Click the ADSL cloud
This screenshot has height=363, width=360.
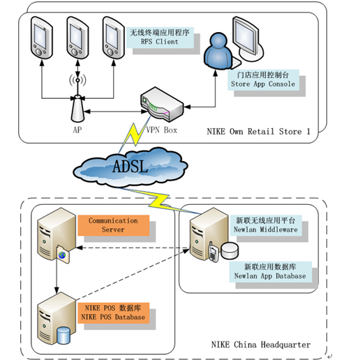(x=130, y=167)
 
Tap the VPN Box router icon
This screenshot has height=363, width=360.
(x=162, y=105)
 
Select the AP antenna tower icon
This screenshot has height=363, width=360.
(x=77, y=109)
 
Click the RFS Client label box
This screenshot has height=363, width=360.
(x=160, y=38)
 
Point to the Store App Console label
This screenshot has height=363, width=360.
(x=263, y=79)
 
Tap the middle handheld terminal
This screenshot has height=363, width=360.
(x=77, y=38)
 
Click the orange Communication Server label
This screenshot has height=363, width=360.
(x=113, y=225)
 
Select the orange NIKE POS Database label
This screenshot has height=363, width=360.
(x=113, y=313)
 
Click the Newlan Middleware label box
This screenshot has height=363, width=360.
(x=266, y=225)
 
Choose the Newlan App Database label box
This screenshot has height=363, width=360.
(x=270, y=272)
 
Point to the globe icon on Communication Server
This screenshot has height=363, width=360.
(x=62, y=255)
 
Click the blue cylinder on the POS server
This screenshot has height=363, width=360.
(x=63, y=336)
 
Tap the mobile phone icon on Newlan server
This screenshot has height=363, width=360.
(x=213, y=252)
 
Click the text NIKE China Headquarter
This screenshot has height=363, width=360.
(x=261, y=344)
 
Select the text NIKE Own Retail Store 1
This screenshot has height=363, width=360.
(x=258, y=132)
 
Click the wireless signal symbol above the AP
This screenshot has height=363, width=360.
(x=77, y=80)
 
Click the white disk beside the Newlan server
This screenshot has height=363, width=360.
(x=230, y=251)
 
